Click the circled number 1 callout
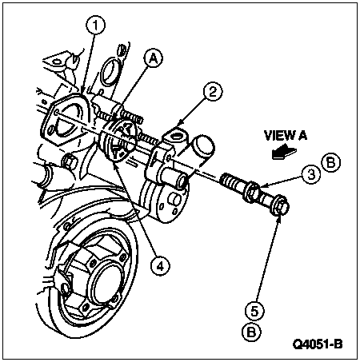[95, 25]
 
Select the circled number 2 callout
[213, 93]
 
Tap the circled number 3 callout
[311, 175]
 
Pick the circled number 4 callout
[160, 266]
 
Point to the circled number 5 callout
[254, 311]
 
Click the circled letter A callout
[153, 59]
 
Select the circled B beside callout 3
[331, 162]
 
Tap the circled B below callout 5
[251, 332]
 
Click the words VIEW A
[286, 136]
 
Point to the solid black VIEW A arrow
[283, 153]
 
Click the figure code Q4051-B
[318, 344]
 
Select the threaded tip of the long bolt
[230, 181]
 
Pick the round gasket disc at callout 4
[118, 140]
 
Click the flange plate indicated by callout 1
[65, 118]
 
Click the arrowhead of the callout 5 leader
[279, 217]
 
